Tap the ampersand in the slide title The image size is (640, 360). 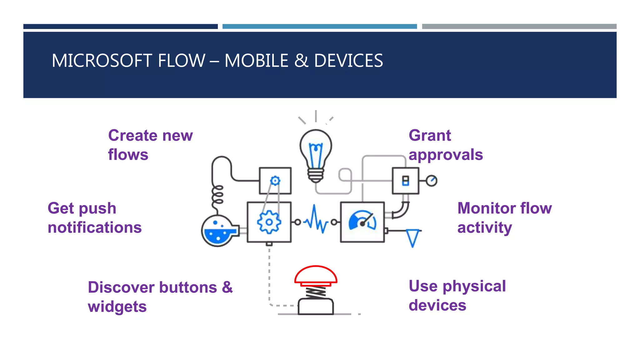point(301,61)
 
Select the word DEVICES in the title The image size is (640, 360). point(348,61)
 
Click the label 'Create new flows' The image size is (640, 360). point(150,145)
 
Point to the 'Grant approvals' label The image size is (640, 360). point(446,145)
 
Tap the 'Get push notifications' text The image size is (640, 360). point(94,218)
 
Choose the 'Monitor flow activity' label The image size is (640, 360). point(504,218)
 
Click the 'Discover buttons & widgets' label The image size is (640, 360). point(160,297)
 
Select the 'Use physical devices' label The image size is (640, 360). point(457,296)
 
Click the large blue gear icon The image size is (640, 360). point(269,222)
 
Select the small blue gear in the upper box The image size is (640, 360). point(275,181)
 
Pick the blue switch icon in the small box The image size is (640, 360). point(405,181)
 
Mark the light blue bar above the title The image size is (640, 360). point(319,27)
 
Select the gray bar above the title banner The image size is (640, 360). point(519,27)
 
